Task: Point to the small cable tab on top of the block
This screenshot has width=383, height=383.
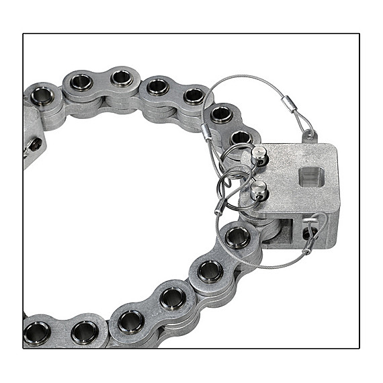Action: pyautogui.click(x=308, y=136)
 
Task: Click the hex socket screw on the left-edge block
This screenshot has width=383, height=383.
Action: pyautogui.click(x=34, y=144)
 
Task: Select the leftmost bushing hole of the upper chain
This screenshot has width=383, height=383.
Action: pyautogui.click(x=42, y=95)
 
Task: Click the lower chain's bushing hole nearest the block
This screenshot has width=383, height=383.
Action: pyautogui.click(x=237, y=237)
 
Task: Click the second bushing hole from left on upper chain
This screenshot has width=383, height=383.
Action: pyautogui.click(x=81, y=82)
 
